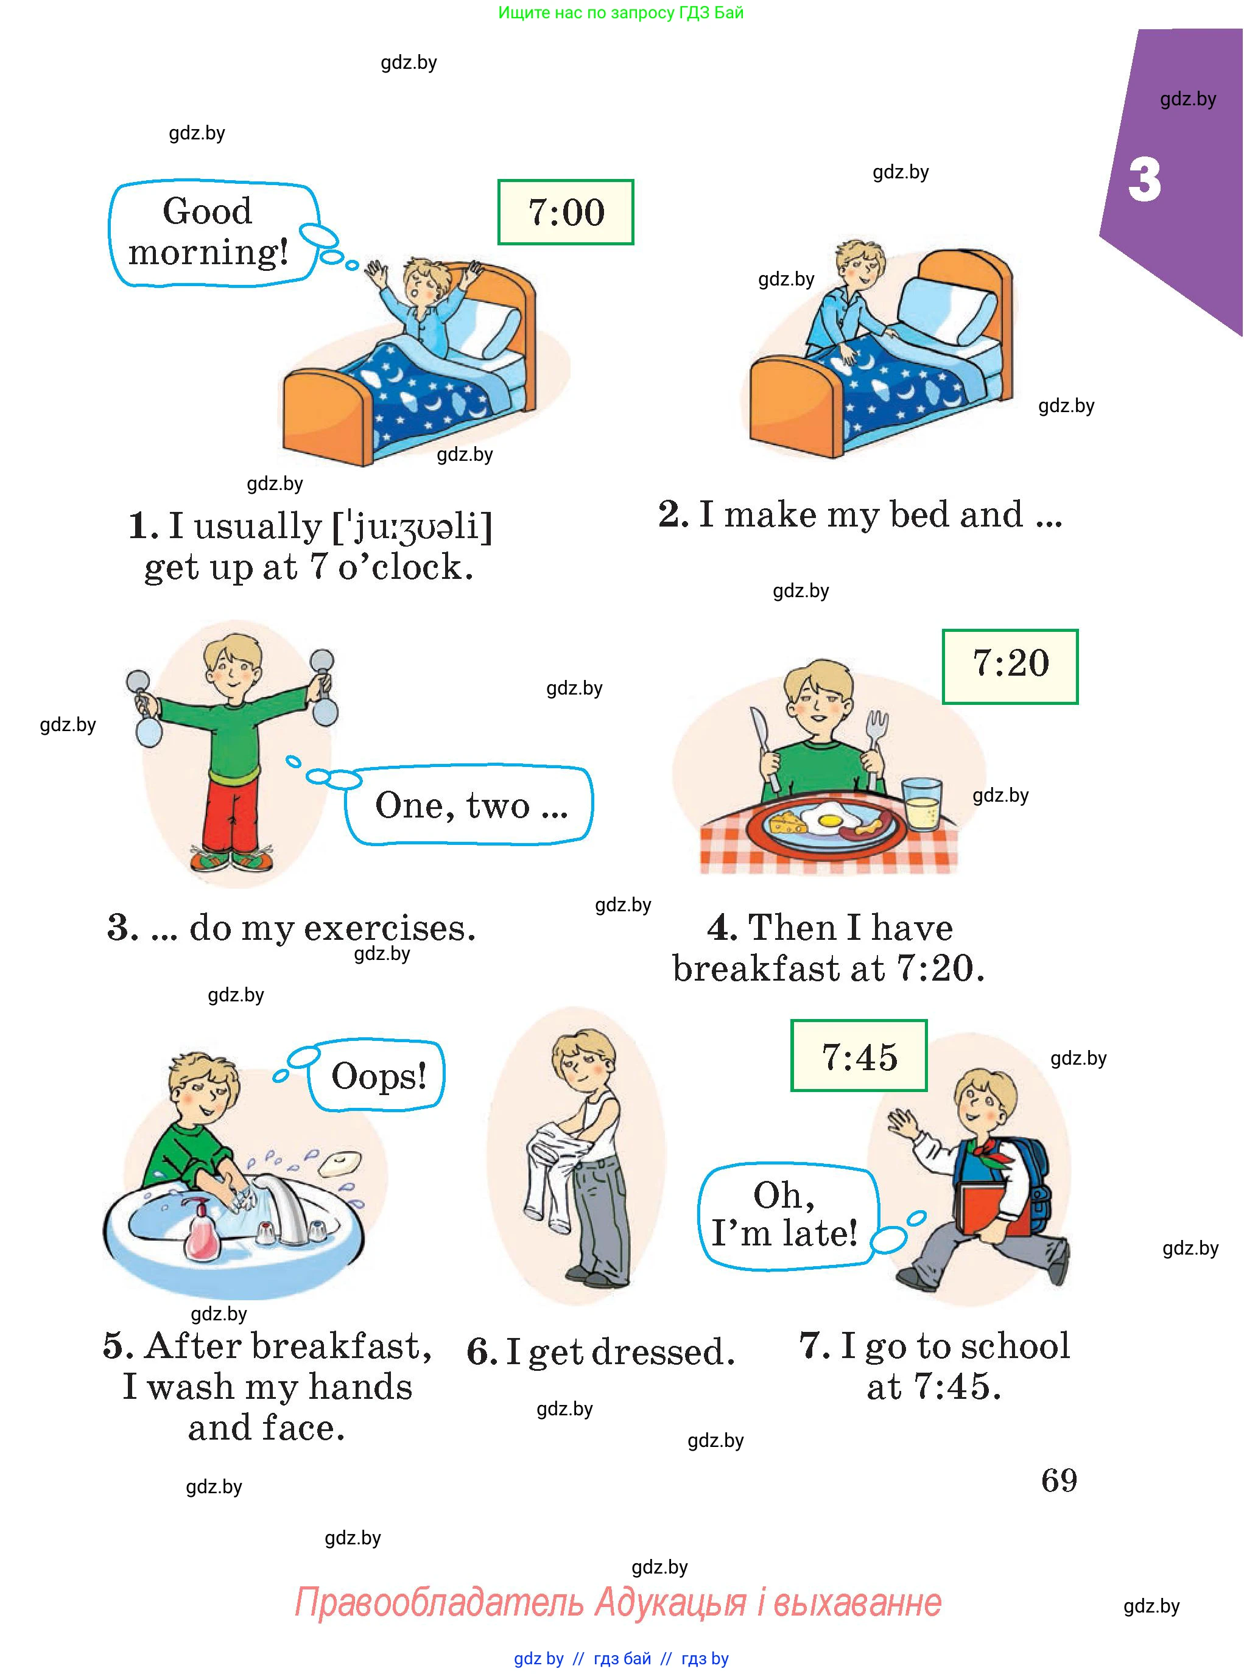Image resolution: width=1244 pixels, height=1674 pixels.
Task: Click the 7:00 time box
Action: coord(566,212)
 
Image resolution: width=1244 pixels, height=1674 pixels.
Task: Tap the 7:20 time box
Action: coord(1010,666)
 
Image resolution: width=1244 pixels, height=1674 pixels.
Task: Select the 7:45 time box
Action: coord(859,1056)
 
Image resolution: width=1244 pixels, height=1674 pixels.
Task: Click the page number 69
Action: coord(1059,1480)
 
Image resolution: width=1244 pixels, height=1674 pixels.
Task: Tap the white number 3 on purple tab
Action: coord(1145,181)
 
